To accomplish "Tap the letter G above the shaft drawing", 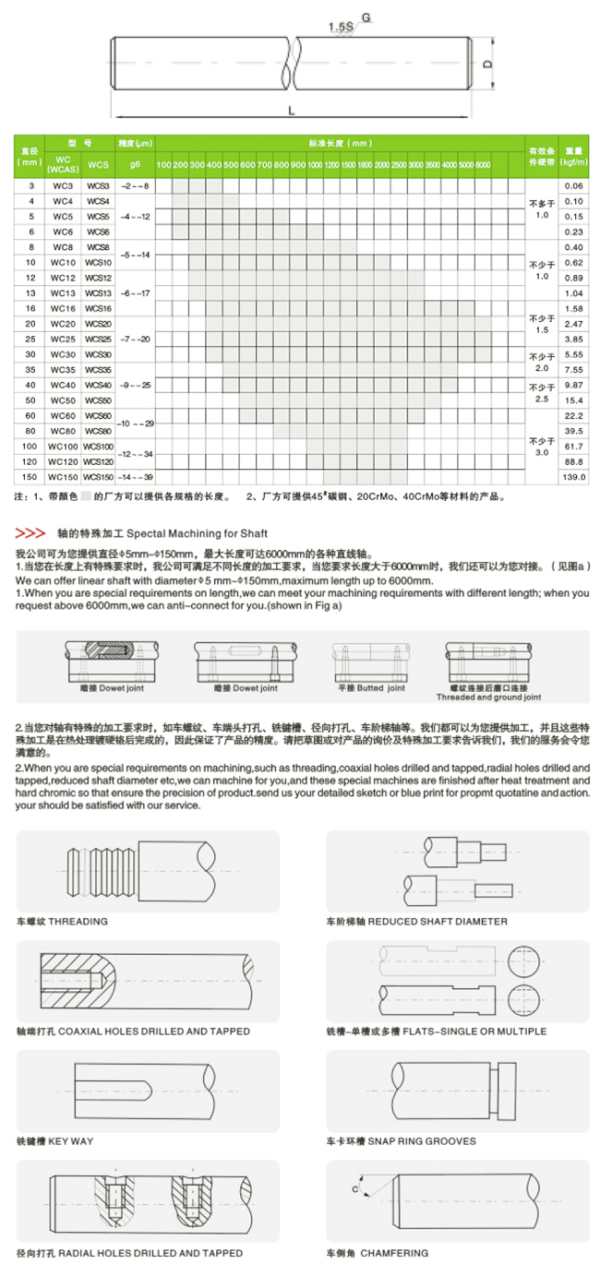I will point(366,18).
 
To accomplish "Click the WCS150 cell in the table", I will point(98,477).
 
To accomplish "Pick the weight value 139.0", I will point(574,477).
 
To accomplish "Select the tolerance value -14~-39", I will point(136,477).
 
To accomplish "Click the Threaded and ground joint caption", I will point(488,698).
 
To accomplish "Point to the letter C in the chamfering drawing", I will point(354,1189).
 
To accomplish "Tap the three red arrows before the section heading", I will point(31,533).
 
